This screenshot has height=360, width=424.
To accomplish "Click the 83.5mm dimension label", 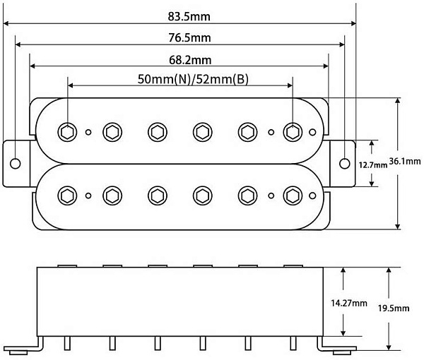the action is tap(189, 16).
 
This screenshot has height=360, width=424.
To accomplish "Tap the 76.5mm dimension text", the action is tap(189, 37).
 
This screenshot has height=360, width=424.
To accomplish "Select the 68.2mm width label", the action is tap(190, 60).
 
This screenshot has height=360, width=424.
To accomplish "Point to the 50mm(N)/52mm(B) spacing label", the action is tap(193, 79).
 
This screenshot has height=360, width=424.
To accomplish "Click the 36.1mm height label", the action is tap(405, 161).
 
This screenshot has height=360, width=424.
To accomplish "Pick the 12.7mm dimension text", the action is tap(373, 164).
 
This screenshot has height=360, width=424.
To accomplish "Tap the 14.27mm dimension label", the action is tap(349, 303).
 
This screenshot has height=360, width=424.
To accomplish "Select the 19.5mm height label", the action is tap(394, 308).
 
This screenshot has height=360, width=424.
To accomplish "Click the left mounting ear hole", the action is tap(15, 163).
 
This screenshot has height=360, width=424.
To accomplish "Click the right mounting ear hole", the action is tap(345, 163).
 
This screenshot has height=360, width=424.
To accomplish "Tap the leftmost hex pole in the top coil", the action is tap(67, 132).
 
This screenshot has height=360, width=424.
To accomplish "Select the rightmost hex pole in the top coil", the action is tap(293, 132).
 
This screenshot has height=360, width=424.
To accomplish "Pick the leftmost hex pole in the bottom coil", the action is tap(67, 196).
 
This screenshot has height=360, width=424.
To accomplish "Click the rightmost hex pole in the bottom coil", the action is tap(293, 196).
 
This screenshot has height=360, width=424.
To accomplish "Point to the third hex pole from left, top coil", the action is tap(158, 132).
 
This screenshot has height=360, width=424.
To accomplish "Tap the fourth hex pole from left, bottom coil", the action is tap(203, 196).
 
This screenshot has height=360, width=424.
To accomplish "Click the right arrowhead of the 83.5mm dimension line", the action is tap(353, 23).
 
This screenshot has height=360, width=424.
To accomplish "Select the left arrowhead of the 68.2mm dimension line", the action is tap(33, 66).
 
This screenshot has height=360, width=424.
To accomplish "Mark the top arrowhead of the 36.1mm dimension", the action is tap(397, 101).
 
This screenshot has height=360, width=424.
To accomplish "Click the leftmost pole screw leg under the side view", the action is tap(67, 344).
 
